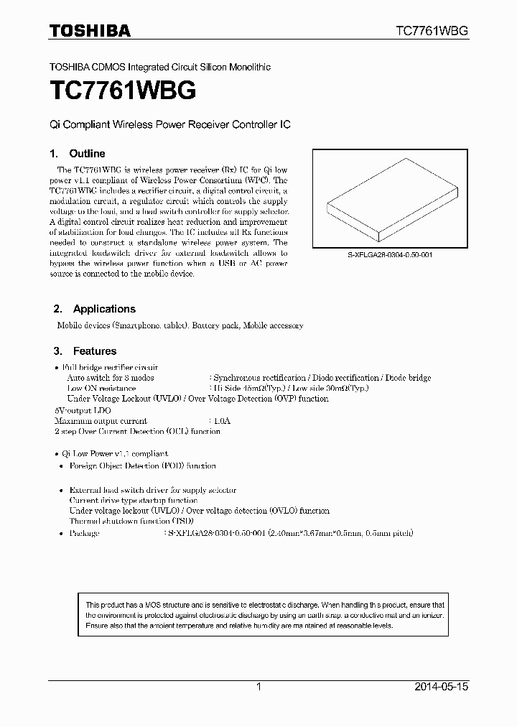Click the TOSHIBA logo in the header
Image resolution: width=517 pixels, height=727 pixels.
[89, 30]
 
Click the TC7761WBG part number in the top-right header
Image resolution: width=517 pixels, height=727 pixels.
[432, 31]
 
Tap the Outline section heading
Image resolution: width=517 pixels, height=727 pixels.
[86, 154]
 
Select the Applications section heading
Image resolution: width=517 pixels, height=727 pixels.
[103, 309]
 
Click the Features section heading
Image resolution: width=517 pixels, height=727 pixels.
[94, 351]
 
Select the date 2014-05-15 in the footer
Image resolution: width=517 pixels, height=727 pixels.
[441, 687]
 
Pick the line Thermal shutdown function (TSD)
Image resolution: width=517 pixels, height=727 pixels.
[131, 520]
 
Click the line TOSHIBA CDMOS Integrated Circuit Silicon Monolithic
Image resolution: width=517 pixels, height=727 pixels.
[159, 67]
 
